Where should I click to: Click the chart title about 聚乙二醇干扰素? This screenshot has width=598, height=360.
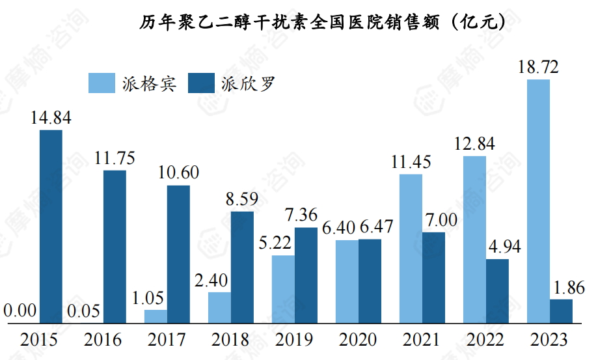point(323,22)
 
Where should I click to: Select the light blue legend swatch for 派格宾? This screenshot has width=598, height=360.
point(102,83)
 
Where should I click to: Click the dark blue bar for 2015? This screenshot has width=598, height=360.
point(51,226)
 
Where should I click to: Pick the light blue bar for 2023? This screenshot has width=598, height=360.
point(538,201)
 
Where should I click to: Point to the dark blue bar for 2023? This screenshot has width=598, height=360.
point(562,311)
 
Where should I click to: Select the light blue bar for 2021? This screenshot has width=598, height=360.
point(411,248)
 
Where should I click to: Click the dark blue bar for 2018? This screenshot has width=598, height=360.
point(243,266)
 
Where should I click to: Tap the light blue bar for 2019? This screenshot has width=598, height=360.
point(283,288)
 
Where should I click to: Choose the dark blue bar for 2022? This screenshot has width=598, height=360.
point(498,290)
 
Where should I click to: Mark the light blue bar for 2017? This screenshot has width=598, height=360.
point(156,316)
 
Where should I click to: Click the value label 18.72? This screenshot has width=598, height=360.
point(538,66)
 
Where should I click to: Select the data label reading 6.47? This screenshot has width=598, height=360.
point(374,227)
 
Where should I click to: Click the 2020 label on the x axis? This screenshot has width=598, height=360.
point(358,340)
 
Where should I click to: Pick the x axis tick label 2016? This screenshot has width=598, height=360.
point(103,340)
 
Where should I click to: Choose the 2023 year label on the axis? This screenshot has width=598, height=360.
point(549,340)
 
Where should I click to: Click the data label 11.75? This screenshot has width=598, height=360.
point(115,158)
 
